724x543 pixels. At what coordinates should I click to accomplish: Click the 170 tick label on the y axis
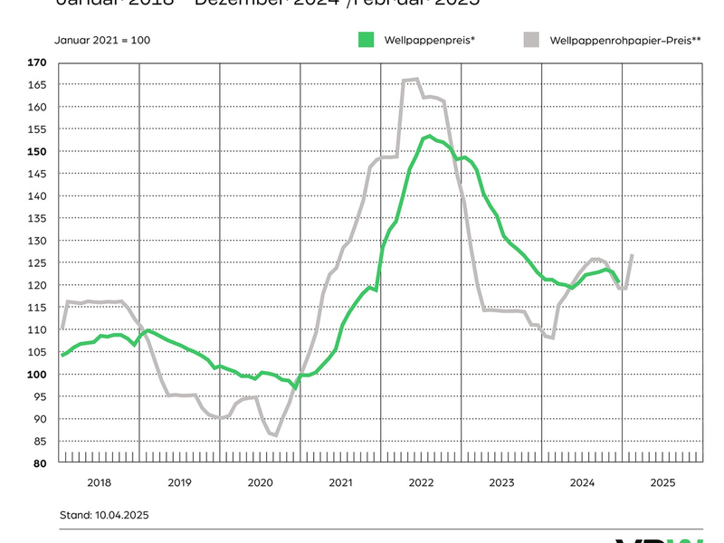pyautogui.click(x=36, y=62)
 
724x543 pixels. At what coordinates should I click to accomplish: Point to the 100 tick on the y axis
pyautogui.click(x=36, y=375)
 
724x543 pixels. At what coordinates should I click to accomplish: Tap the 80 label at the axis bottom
pyautogui.click(x=39, y=463)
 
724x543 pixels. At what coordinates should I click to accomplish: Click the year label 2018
pyautogui.click(x=99, y=483)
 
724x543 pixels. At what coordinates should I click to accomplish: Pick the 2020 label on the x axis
pyautogui.click(x=260, y=483)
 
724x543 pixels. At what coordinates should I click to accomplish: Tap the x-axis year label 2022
pyautogui.click(x=421, y=483)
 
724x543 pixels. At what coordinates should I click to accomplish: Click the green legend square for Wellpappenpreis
pyautogui.click(x=367, y=39)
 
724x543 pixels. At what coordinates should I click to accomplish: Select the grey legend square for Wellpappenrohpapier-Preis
pyautogui.click(x=532, y=39)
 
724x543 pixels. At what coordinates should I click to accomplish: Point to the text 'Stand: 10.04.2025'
pyautogui.click(x=104, y=515)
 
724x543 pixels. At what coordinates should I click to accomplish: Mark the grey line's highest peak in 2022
pyautogui.click(x=415, y=80)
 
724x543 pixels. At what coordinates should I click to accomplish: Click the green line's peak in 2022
pyautogui.click(x=429, y=137)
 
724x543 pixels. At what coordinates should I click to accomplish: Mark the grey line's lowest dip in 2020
pyautogui.click(x=274, y=435)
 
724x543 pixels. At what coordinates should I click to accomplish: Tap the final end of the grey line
pyautogui.click(x=631, y=256)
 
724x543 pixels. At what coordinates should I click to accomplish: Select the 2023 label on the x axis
pyautogui.click(x=501, y=483)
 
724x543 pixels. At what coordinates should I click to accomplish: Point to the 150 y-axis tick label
pyautogui.click(x=36, y=151)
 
